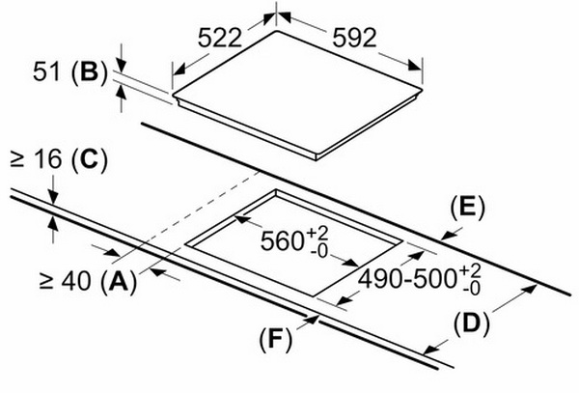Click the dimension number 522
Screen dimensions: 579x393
click(x=220, y=38)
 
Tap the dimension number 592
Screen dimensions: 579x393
click(x=354, y=38)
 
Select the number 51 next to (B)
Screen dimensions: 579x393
click(x=45, y=71)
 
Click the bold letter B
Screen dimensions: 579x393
click(x=89, y=71)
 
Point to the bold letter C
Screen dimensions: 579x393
click(x=90, y=160)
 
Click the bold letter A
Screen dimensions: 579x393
click(x=119, y=281)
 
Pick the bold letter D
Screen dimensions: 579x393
click(x=471, y=324)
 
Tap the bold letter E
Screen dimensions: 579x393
click(x=467, y=207)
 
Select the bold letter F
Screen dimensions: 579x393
click(x=275, y=339)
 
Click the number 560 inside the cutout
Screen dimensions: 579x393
click(x=282, y=240)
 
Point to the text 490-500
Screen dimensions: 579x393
click(x=408, y=278)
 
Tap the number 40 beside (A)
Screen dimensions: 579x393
click(x=75, y=281)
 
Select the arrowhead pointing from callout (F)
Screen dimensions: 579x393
click(x=313, y=320)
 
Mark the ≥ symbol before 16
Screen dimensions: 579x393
click(x=17, y=161)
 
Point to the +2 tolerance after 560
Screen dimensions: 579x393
click(x=317, y=234)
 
